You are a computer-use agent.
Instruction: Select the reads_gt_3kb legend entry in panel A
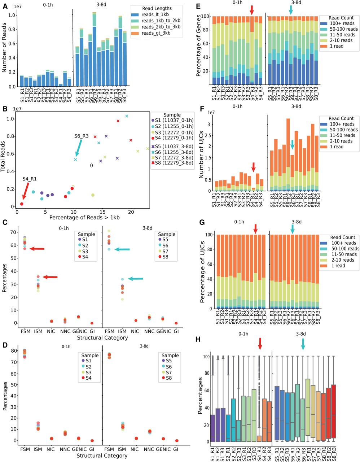(x=161, y=33)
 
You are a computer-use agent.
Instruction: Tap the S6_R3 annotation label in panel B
(x=81, y=136)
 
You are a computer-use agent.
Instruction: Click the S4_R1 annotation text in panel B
(x=29, y=179)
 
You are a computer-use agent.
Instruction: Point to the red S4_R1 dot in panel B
(x=22, y=204)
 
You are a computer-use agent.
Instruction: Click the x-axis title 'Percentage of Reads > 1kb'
(x=84, y=217)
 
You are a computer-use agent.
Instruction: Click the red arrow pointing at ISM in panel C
(x=50, y=277)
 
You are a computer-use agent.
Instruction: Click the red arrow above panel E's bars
(x=252, y=10)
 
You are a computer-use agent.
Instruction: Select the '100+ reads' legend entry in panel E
(x=342, y=23)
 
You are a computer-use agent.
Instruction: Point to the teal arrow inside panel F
(x=292, y=144)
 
